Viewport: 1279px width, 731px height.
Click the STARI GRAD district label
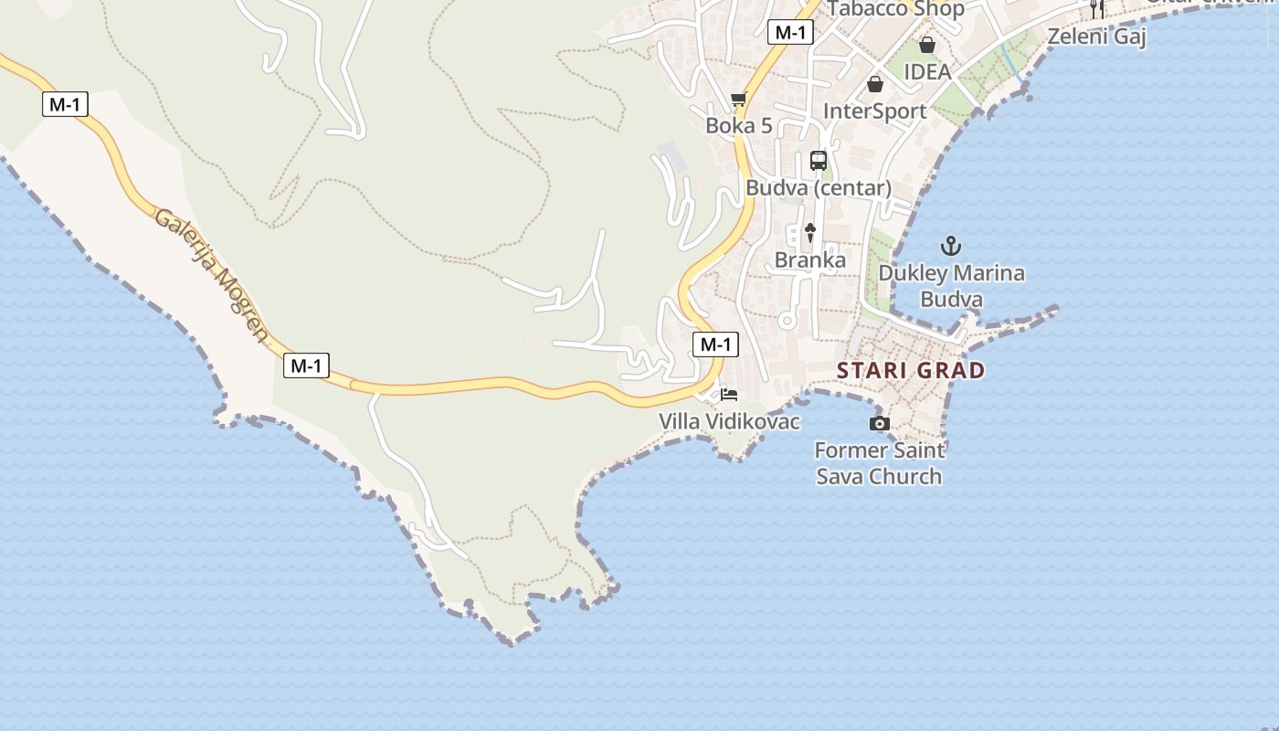[911, 370]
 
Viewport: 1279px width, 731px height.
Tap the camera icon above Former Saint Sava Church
[880, 423]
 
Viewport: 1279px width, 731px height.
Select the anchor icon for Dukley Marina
[951, 246]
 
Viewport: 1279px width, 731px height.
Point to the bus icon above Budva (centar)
[819, 161]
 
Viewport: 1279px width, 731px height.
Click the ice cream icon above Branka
[809, 233]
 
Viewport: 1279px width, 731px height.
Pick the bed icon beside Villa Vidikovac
[729, 395]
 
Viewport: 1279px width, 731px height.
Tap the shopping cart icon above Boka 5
[739, 99]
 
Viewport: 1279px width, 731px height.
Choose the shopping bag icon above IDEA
[927, 45]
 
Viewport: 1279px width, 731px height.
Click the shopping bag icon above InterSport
[875, 84]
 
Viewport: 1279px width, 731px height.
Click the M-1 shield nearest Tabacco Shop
[790, 32]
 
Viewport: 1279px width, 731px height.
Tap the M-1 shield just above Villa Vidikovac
[715, 344]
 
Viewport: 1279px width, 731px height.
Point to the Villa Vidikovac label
[730, 421]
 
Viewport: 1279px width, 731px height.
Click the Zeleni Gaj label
[1096, 37]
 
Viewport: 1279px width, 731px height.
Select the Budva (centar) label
[819, 188]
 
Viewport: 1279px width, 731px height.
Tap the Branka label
[810, 260]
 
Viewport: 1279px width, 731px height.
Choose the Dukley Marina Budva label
[951, 286]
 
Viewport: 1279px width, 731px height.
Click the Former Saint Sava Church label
[879, 463]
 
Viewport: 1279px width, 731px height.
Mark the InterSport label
[875, 111]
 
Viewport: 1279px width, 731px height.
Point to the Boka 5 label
[739, 126]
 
